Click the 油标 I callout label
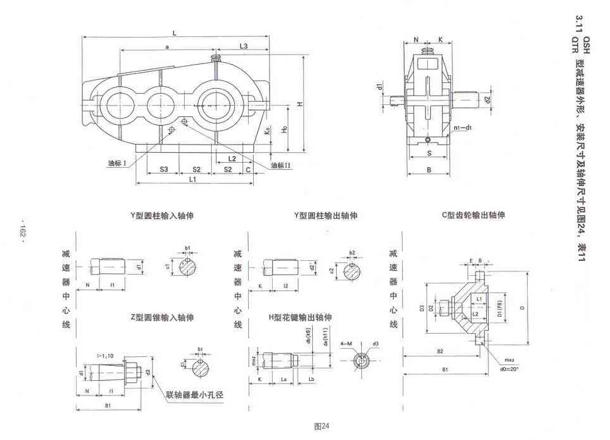pyautogui.click(x=117, y=163)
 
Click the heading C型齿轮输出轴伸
pyautogui.click(x=473, y=215)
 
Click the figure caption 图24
pyautogui.click(x=322, y=426)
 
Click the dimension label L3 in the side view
pyautogui.click(x=244, y=47)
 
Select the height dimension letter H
pyautogui.click(x=301, y=105)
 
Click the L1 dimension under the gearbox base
pyautogui.click(x=193, y=180)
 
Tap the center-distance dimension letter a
pyautogui.click(x=166, y=47)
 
